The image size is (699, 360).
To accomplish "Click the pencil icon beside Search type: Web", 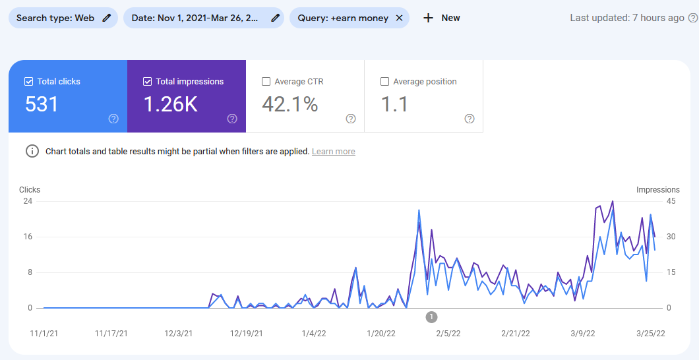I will tap(107, 18).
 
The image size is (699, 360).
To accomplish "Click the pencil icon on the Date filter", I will tap(275, 18).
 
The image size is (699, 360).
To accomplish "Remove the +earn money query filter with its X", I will tap(399, 18).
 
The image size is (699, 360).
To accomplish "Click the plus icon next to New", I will tap(429, 18).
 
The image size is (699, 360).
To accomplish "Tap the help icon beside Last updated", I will tap(692, 18).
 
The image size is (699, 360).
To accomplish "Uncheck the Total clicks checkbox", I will tap(29, 82).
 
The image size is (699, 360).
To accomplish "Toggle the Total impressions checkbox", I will tap(148, 82).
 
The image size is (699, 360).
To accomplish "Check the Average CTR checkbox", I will tap(266, 82).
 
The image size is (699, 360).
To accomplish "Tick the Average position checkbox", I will tap(385, 82).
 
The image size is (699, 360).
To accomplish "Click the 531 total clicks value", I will tap(42, 104).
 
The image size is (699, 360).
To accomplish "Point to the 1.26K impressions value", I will tap(171, 104).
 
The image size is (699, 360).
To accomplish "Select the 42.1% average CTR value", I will tap(290, 104).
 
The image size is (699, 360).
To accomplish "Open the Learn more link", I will tap(334, 152).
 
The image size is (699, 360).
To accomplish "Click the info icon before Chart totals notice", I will tap(32, 151).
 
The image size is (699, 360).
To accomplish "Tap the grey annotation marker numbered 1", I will tap(431, 317).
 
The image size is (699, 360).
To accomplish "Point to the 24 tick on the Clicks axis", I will tap(28, 201).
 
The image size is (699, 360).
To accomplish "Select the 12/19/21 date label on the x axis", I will tap(247, 334).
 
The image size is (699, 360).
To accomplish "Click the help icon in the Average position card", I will tap(470, 119).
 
